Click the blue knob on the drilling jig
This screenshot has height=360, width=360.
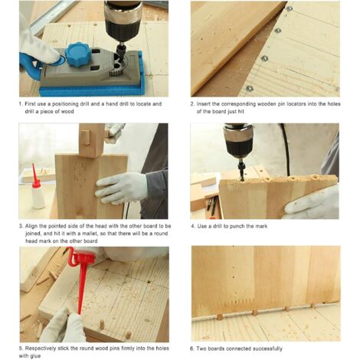pos(78,54)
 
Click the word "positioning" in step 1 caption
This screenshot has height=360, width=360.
pos(65,104)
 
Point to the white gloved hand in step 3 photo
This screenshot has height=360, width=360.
pos(121,188)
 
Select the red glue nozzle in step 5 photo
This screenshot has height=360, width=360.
pos(82,277)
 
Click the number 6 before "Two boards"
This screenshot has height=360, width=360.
pos(191,349)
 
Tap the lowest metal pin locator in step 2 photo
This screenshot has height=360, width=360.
pos(250,89)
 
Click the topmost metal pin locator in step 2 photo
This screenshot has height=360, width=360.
pos(289,9)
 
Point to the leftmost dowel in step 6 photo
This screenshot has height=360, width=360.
pos(219,317)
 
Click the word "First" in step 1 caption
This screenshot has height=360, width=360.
pos(31,104)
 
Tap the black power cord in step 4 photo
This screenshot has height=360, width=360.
pos(286,148)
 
